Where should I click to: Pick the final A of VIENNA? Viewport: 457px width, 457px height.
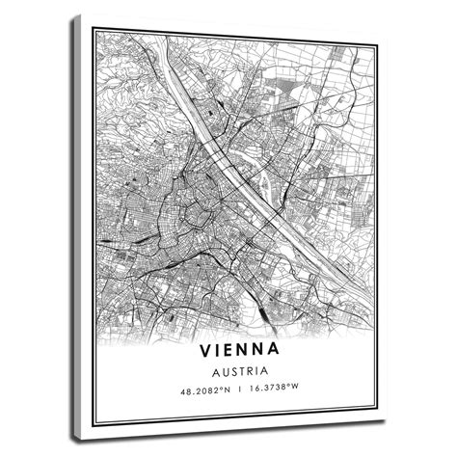pyautogui.click(x=274, y=346)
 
